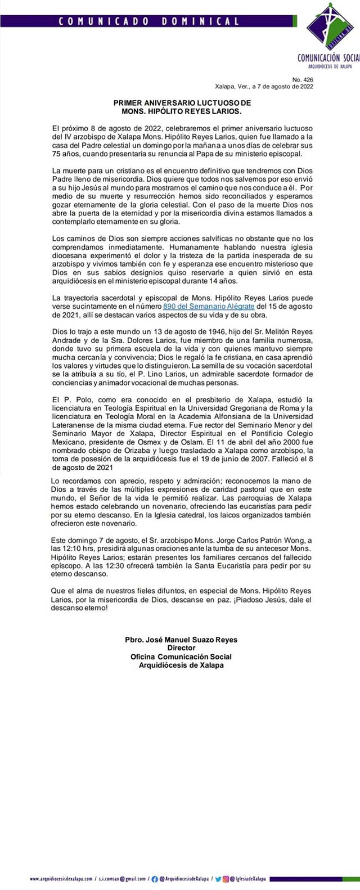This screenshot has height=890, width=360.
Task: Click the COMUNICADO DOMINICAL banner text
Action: [149, 21]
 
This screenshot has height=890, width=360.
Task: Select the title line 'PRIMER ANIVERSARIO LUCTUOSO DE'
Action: [182, 103]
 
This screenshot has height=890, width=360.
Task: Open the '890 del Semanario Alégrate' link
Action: [209, 306]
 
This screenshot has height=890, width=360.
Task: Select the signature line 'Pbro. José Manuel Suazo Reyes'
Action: [181, 640]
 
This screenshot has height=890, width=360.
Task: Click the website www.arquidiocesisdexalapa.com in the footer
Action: [60, 879]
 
